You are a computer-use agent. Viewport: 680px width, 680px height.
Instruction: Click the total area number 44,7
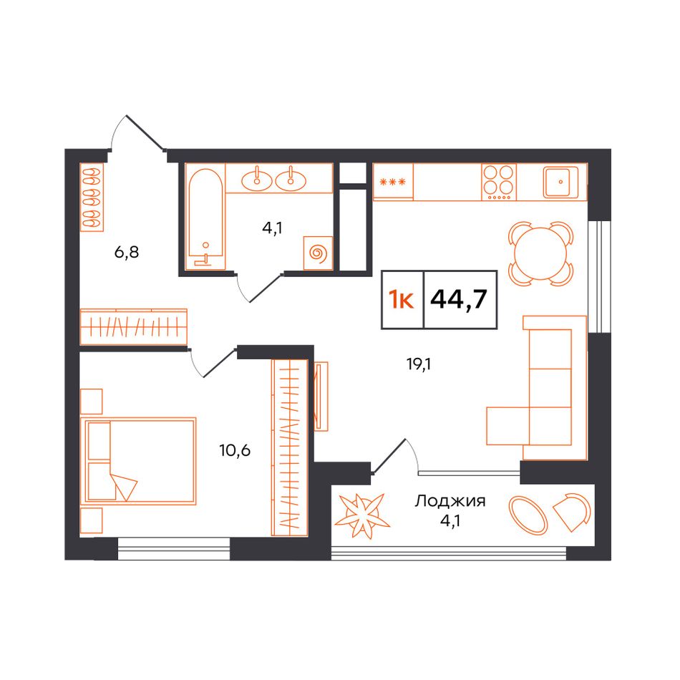pyautogui.click(x=459, y=298)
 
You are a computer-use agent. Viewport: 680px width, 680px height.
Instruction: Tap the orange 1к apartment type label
pyautogui.click(x=402, y=299)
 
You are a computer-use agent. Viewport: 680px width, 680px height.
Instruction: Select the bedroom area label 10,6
pyautogui.click(x=235, y=451)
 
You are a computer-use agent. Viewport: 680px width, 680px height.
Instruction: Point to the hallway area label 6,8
pyautogui.click(x=127, y=252)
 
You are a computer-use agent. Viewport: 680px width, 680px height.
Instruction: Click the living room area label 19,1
pyautogui.click(x=419, y=365)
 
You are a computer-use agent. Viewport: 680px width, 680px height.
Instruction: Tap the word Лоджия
pyautogui.click(x=450, y=501)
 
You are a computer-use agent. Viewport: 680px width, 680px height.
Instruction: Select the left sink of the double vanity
pyautogui.click(x=257, y=179)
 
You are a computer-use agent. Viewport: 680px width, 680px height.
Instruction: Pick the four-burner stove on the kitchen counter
pyautogui.click(x=499, y=182)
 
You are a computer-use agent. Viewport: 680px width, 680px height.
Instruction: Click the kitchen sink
pyautogui.click(x=560, y=182)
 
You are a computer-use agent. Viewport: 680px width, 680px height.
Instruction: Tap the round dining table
pyautogui.click(x=541, y=254)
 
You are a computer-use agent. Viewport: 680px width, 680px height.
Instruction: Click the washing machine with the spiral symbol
pyautogui.click(x=318, y=253)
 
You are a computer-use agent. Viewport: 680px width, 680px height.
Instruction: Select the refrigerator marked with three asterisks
pyautogui.click(x=393, y=182)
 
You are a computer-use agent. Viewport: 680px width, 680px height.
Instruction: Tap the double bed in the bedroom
pyautogui.click(x=138, y=462)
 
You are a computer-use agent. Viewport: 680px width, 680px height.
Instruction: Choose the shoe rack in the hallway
pyautogui.click(x=92, y=198)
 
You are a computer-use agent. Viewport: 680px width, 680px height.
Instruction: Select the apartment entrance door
pyautogui.click(x=145, y=132)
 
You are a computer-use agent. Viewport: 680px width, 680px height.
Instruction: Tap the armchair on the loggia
pyautogui.click(x=572, y=512)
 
